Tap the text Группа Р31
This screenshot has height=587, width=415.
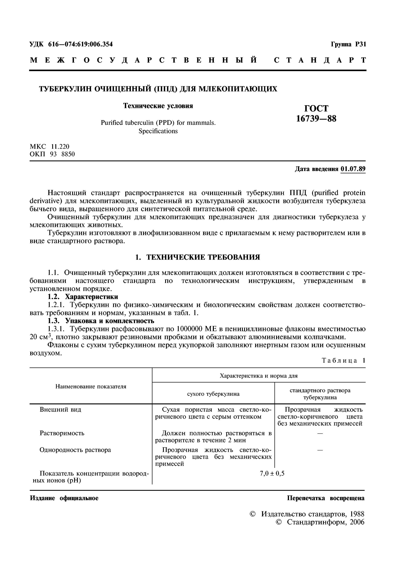pos(348,44)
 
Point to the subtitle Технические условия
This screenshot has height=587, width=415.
pos(158,106)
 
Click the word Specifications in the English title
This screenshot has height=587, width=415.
pos(158,131)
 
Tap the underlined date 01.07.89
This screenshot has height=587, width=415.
pos(353,169)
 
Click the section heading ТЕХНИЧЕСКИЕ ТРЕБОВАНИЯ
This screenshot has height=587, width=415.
pos(203,257)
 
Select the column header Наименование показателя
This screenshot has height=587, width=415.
pos(91,386)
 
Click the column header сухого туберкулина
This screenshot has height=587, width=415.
pos(213,394)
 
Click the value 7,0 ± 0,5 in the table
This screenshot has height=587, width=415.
pos(272,474)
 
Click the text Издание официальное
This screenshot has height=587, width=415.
pos(64,498)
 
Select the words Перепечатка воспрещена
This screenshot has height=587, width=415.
pos(326,498)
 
